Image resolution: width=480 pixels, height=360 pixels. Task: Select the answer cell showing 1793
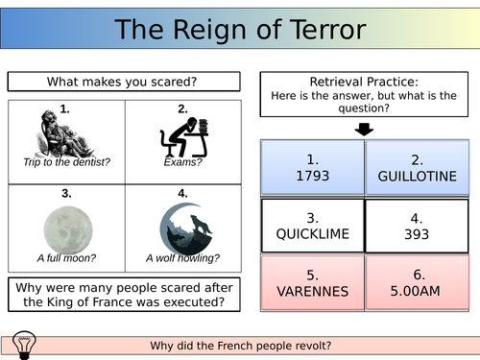click(x=312, y=166)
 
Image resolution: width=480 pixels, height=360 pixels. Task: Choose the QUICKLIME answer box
click(x=312, y=224)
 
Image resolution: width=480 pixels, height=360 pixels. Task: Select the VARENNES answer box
click(x=312, y=280)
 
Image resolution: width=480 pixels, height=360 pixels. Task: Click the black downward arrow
click(x=365, y=128)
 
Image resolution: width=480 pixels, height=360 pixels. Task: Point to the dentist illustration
click(x=66, y=135)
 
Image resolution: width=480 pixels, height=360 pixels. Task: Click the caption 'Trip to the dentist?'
click(x=66, y=162)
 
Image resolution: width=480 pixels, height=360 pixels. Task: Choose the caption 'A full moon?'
click(x=66, y=257)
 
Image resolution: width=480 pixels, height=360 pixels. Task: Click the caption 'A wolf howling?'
click(x=182, y=257)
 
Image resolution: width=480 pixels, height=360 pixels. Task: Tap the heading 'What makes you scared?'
click(x=123, y=83)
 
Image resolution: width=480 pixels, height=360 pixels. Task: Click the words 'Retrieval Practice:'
click(x=365, y=83)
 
